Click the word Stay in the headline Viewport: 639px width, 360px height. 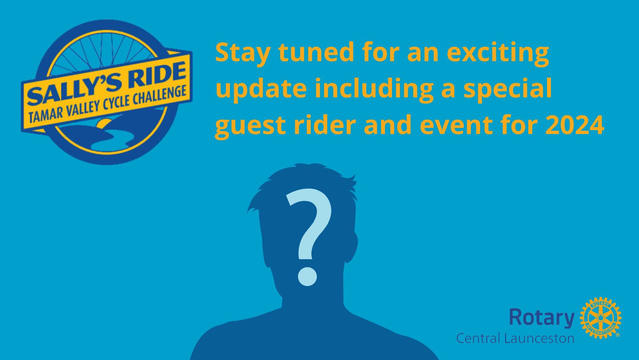242,53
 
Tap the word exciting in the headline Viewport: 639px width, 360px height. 498,53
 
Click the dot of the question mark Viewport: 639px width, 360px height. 307,276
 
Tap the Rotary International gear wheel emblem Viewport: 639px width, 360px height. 600,318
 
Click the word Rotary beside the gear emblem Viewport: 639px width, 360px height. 542,318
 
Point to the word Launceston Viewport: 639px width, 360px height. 539,338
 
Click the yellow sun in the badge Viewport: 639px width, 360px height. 104,124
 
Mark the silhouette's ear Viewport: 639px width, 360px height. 352,247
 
